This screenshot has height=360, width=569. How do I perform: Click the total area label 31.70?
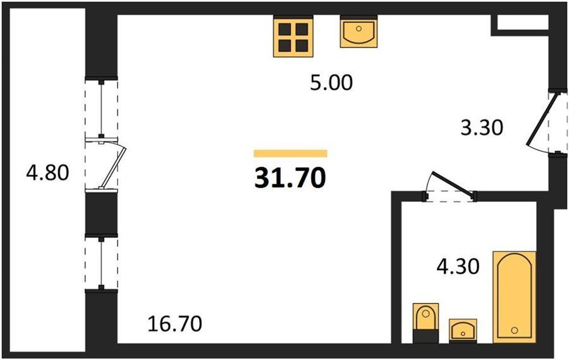(x=290, y=178)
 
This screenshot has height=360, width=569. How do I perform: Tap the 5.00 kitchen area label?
(x=331, y=82)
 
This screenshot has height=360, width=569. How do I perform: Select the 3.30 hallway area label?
(x=482, y=128)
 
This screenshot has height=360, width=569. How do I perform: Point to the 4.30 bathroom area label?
(x=458, y=266)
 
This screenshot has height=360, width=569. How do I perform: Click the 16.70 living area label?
(x=175, y=323)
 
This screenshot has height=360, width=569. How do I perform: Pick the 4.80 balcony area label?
(x=47, y=173)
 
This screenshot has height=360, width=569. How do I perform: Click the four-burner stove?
(x=293, y=37)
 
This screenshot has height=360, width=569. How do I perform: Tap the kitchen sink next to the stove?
(x=358, y=33)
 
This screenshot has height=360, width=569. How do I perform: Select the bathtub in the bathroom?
(x=514, y=297)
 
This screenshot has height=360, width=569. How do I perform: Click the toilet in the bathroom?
(x=426, y=323)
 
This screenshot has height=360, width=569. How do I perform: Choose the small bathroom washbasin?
(x=463, y=330)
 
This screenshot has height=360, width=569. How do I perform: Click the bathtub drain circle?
(x=514, y=330)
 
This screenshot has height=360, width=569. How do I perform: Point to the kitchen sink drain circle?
(x=358, y=28)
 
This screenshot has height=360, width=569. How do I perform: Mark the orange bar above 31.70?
(x=290, y=153)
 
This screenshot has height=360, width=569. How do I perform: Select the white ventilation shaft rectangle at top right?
(x=523, y=22)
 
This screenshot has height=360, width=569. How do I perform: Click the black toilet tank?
(x=426, y=336)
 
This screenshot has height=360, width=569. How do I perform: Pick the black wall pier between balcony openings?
(x=101, y=213)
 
